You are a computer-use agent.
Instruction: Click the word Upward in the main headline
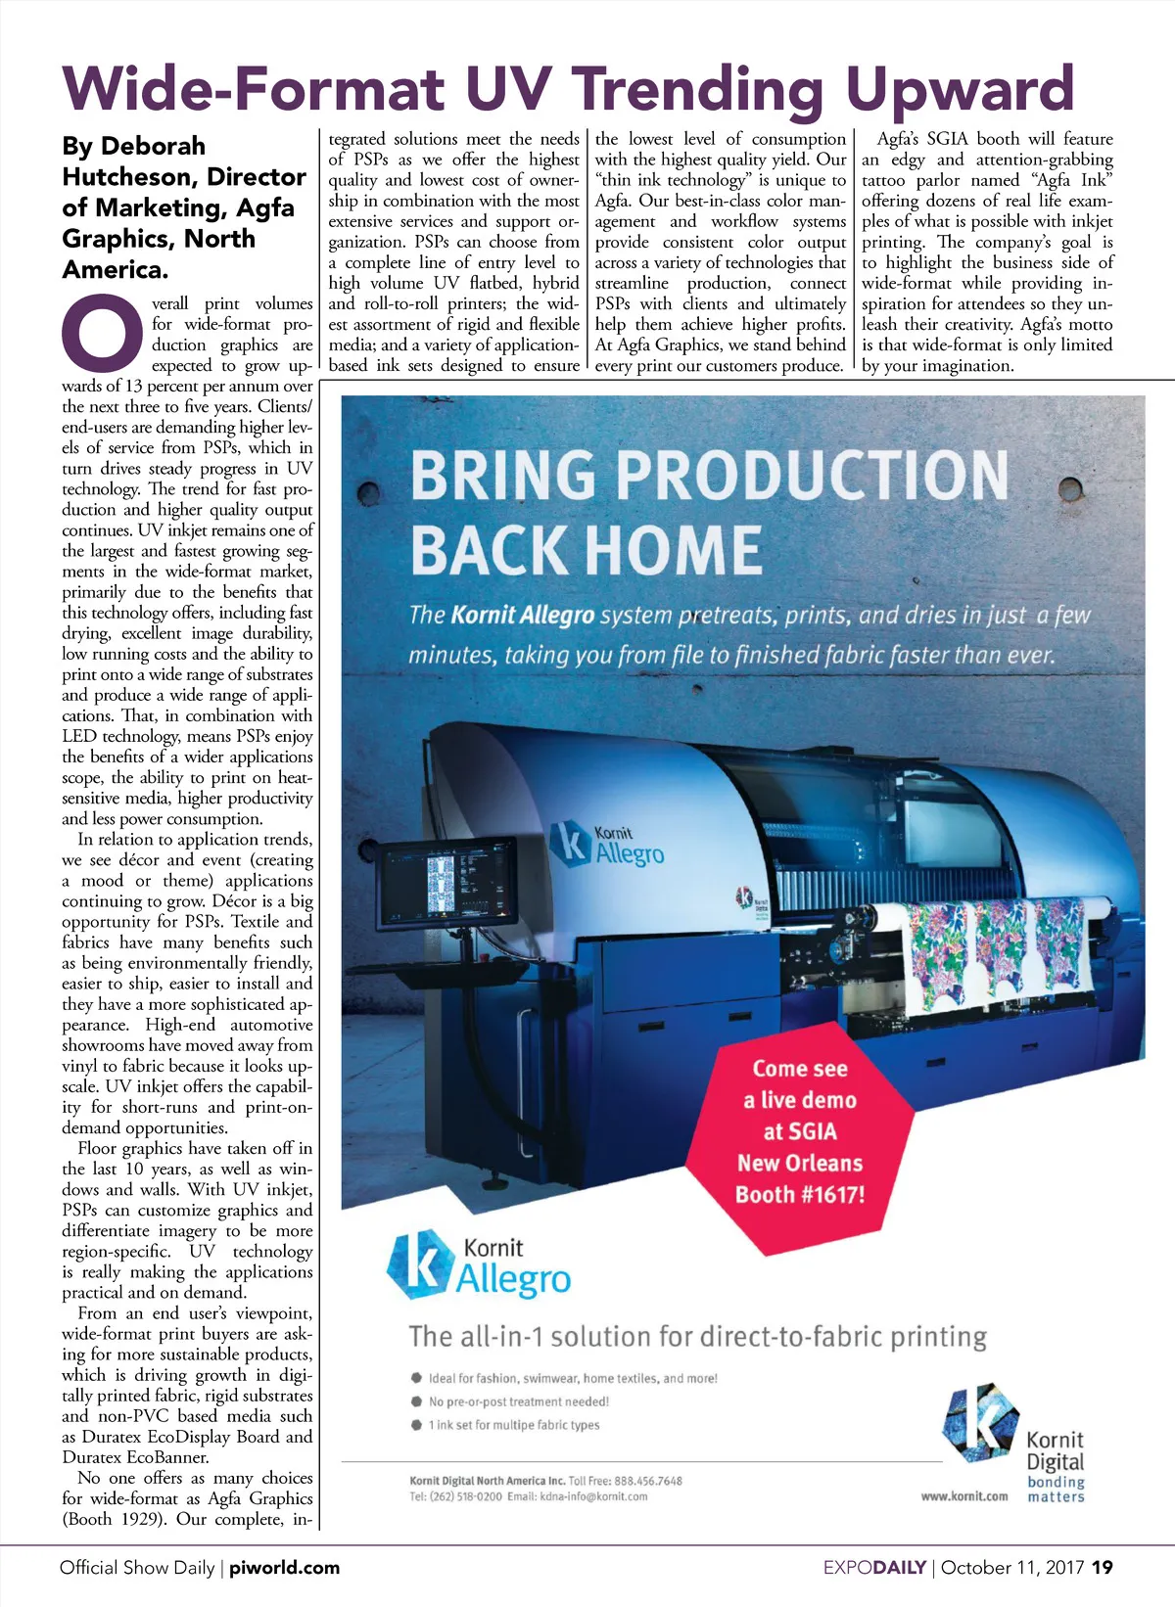click(x=960, y=90)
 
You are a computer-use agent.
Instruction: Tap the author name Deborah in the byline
click(x=154, y=147)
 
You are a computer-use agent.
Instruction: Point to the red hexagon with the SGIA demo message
click(x=799, y=1135)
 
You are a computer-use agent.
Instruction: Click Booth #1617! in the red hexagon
click(x=800, y=1195)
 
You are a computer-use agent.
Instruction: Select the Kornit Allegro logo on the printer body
click(x=607, y=845)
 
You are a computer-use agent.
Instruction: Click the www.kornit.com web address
click(x=963, y=1496)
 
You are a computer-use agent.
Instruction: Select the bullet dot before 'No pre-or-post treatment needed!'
click(x=416, y=1401)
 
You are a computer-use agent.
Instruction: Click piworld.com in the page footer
click(x=284, y=1568)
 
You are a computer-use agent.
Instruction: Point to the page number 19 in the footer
click(x=1103, y=1568)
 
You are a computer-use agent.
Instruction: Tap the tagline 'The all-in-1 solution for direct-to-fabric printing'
click(x=697, y=1337)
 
